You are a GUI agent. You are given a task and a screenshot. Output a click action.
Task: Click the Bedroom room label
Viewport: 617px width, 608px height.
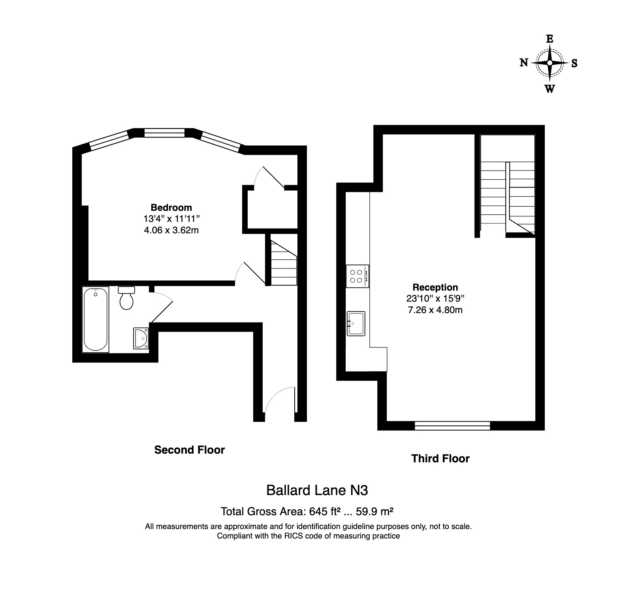[171, 208]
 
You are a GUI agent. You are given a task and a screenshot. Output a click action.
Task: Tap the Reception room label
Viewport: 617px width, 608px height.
[435, 287]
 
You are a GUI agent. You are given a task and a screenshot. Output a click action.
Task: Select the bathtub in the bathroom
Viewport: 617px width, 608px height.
[95, 319]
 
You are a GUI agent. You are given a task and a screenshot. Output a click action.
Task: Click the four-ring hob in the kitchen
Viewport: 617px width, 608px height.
[357, 276]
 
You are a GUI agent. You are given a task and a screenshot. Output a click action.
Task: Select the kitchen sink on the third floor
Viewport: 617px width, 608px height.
[356, 323]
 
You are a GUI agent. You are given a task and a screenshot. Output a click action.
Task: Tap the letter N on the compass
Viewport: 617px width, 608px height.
[524, 63]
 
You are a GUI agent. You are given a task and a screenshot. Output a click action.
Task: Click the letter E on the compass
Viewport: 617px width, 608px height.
[549, 39]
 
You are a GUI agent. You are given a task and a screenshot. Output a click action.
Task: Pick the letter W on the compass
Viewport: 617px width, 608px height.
[549, 89]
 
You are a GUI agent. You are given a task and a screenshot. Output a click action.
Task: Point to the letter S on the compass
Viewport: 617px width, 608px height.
[574, 63]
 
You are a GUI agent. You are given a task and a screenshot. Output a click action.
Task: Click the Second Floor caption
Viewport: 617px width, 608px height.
[189, 450]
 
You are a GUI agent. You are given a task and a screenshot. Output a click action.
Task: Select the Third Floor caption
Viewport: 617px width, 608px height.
[440, 459]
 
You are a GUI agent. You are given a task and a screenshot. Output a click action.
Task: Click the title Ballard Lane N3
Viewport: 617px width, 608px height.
[317, 490]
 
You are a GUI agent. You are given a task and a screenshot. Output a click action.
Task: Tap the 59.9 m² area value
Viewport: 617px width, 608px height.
[374, 512]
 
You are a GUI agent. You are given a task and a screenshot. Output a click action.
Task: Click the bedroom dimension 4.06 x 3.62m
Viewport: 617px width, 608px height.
[171, 230]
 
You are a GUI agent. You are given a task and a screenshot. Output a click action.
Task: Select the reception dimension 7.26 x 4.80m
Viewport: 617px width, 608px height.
[435, 310]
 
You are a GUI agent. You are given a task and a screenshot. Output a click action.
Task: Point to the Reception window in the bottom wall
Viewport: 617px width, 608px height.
[452, 425]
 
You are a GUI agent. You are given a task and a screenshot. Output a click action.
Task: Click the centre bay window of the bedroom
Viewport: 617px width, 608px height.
[164, 133]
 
